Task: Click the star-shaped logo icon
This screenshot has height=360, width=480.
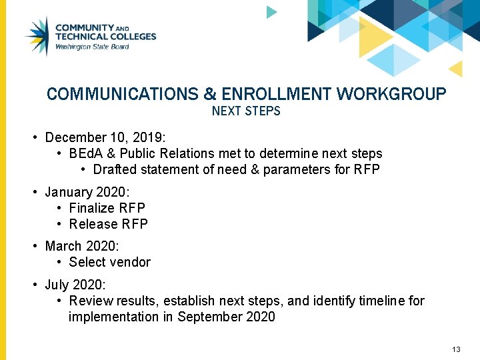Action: [37, 36]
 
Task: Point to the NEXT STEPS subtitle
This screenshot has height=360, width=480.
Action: [246, 111]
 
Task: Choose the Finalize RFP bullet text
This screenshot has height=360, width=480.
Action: [107, 208]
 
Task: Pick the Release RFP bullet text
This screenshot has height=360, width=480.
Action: [108, 224]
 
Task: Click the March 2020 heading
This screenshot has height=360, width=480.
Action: [81, 246]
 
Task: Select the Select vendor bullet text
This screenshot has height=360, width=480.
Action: [109, 262]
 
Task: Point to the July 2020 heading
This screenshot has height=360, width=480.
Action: [73, 285]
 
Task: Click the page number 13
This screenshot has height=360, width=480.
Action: [456, 349]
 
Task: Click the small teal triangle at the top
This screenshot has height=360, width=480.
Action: [271, 12]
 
